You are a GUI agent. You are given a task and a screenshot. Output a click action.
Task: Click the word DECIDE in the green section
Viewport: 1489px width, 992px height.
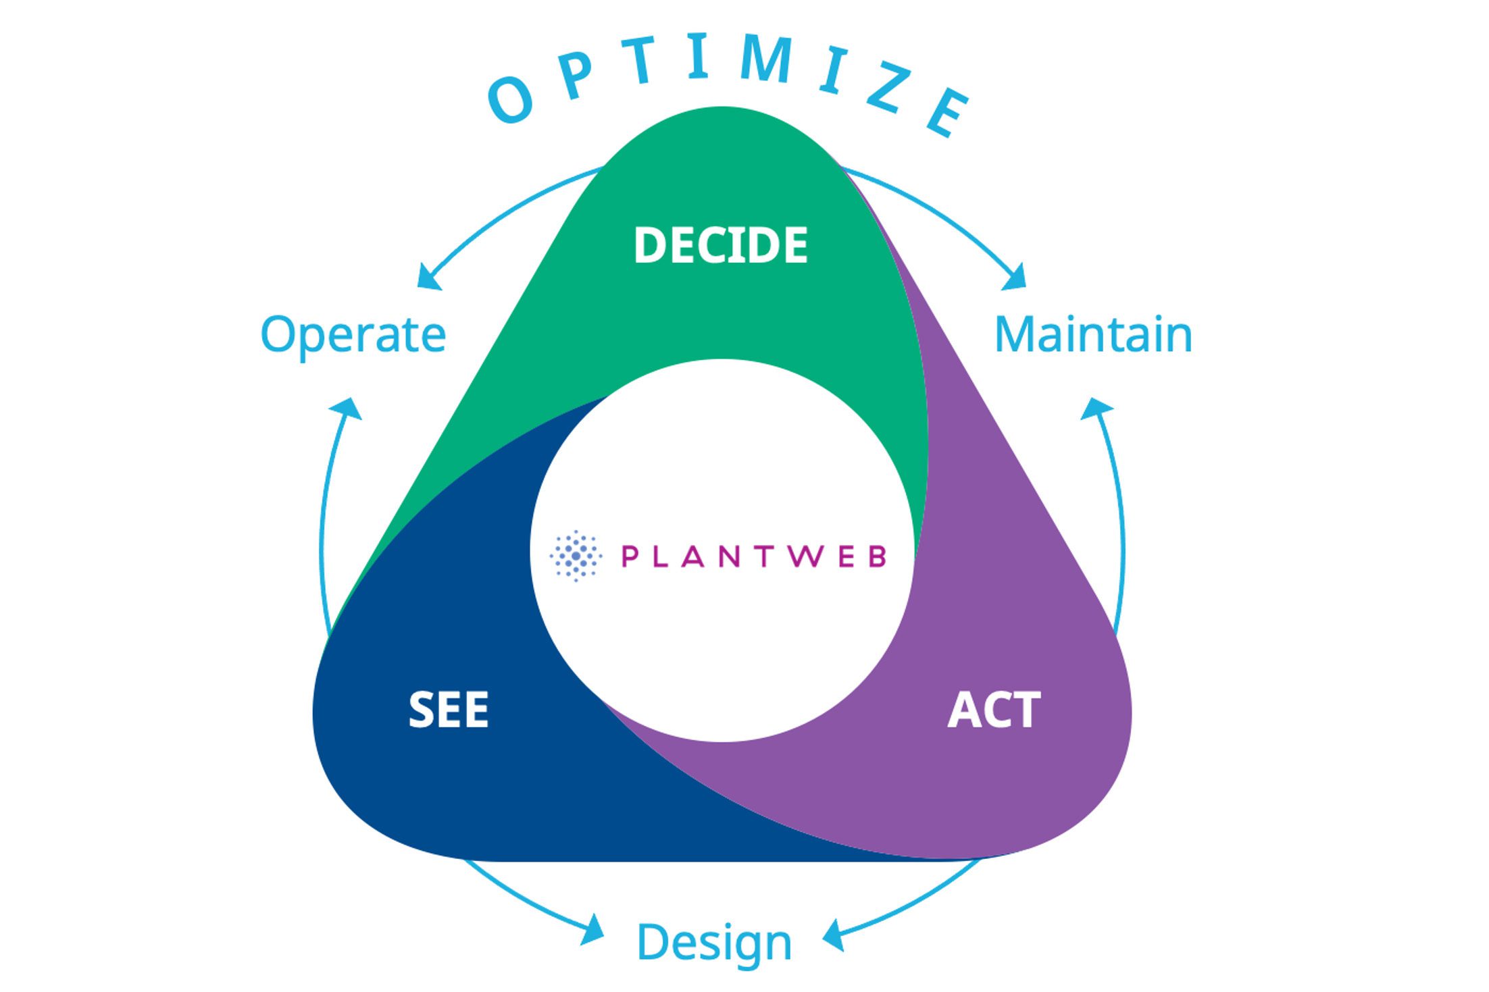(720, 245)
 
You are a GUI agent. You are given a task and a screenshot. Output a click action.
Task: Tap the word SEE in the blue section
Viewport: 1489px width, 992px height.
(449, 710)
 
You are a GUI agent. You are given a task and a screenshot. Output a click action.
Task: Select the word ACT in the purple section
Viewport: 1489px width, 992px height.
(994, 710)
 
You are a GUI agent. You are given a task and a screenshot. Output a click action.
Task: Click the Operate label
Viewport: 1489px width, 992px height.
(353, 335)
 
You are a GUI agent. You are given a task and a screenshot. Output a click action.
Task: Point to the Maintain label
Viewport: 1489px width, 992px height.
(1093, 334)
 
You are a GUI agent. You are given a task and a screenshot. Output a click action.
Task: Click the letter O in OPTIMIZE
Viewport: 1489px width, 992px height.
(511, 101)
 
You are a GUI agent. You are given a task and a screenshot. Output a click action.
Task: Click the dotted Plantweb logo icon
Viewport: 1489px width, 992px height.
(576, 556)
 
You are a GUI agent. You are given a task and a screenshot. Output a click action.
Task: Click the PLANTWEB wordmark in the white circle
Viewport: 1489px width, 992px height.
(753, 556)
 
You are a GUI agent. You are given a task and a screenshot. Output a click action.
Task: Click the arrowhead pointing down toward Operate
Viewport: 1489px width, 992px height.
(428, 278)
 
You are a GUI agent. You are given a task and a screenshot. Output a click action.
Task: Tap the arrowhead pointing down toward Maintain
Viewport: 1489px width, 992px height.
(1015, 277)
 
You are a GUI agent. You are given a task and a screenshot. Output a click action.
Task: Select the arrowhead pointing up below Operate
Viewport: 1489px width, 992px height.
(347, 409)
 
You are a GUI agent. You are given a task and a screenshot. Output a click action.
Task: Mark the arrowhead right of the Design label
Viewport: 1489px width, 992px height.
(834, 935)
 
